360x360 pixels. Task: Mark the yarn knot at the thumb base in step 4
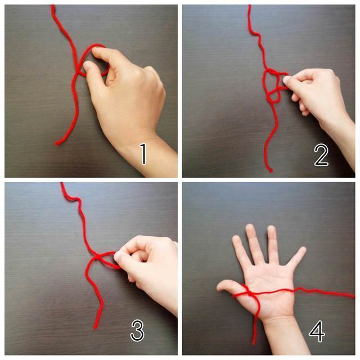click(246, 290)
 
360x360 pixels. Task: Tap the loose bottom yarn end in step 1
click(57, 143)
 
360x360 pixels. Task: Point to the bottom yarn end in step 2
click(270, 170)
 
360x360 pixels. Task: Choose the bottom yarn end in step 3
click(96, 326)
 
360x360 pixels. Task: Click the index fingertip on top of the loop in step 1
click(96, 51)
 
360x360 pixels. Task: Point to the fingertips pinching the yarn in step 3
click(119, 257)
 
